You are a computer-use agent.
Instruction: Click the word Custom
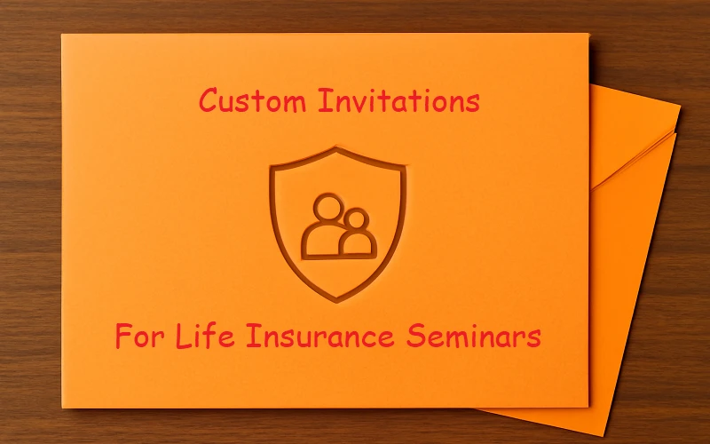(x=254, y=101)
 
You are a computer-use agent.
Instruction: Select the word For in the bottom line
(x=145, y=337)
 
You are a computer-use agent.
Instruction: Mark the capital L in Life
(x=187, y=337)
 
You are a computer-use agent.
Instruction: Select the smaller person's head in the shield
(x=356, y=218)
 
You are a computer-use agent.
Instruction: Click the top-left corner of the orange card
(x=61, y=35)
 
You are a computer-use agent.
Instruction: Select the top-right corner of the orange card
(x=588, y=34)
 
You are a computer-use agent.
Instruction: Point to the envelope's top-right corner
(x=680, y=107)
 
